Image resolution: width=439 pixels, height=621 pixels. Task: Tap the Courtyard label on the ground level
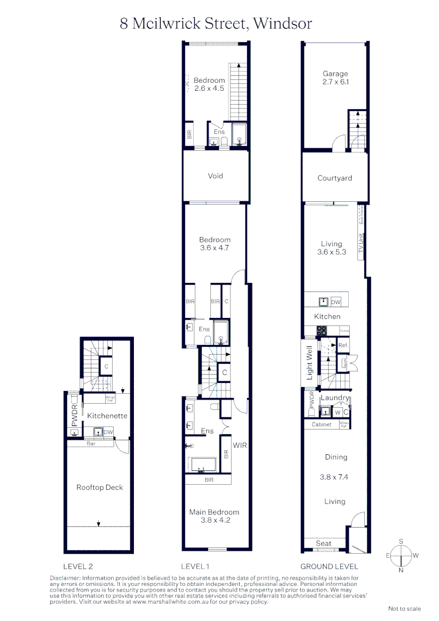click(335, 178)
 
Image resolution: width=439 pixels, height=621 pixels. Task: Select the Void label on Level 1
click(215, 176)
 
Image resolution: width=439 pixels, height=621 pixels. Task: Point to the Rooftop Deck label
click(99, 488)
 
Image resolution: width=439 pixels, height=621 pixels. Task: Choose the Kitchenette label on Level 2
click(107, 416)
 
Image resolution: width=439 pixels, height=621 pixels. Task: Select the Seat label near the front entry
click(324, 543)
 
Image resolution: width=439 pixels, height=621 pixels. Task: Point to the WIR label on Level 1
click(240, 445)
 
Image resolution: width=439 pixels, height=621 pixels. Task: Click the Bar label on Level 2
click(91, 444)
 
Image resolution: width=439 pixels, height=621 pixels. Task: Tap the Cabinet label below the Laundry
click(321, 424)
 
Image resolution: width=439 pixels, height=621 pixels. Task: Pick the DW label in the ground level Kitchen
click(336, 301)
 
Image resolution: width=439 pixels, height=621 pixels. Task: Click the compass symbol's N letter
click(401, 570)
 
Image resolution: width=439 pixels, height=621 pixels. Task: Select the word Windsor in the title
click(283, 24)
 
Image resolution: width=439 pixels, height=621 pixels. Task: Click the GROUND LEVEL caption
click(329, 566)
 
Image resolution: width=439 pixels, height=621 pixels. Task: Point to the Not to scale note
click(405, 608)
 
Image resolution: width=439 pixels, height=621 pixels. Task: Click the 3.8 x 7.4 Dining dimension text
click(334, 477)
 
